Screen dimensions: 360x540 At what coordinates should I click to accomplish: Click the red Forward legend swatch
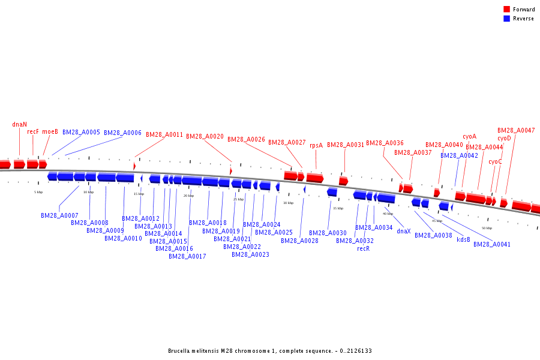click(507, 10)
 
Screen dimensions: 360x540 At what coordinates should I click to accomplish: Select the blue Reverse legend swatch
click(507, 19)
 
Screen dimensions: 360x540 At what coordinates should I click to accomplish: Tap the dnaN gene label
click(20, 125)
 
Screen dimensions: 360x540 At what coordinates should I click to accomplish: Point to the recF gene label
click(33, 132)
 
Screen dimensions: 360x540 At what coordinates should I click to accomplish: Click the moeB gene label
click(50, 132)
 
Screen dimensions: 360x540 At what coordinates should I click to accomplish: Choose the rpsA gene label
click(316, 145)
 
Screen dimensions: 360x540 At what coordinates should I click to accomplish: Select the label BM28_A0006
click(122, 133)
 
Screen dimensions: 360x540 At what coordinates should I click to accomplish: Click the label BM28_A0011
click(164, 135)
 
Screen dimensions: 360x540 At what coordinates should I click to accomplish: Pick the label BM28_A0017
click(187, 256)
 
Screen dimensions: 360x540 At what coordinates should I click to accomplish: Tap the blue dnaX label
click(404, 231)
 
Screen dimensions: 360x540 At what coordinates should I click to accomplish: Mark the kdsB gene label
click(463, 239)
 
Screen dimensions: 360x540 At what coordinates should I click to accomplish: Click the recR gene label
click(364, 248)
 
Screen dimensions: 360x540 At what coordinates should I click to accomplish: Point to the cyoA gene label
click(470, 137)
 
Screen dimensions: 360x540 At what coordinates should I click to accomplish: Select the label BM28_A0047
click(516, 130)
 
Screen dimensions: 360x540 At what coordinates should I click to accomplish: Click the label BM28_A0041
click(492, 244)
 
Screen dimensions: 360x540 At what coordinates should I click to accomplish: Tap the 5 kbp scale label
click(38, 192)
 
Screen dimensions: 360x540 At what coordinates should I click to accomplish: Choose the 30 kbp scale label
click(289, 203)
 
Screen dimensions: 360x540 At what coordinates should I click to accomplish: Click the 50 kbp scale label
click(487, 228)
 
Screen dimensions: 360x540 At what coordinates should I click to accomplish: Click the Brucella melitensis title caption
click(269, 350)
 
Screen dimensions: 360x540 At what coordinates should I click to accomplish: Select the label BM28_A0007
click(59, 215)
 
